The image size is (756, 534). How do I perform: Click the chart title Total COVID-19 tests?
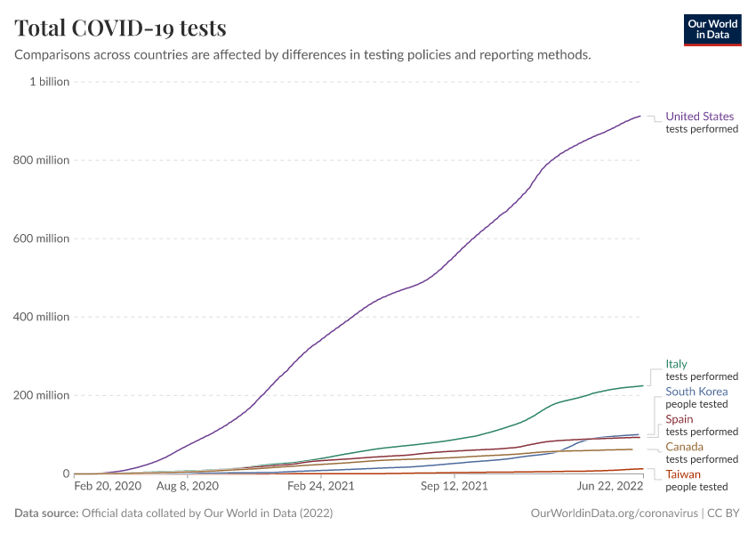click(x=121, y=28)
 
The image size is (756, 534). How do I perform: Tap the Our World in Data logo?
click(x=712, y=29)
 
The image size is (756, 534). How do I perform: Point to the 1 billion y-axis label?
click(x=49, y=82)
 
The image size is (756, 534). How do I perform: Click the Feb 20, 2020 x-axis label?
click(x=108, y=487)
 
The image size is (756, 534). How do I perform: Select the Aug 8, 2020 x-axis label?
click(x=188, y=487)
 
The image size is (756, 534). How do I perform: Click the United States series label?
click(x=700, y=117)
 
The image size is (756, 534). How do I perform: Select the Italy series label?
click(x=676, y=364)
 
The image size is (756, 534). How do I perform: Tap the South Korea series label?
click(x=696, y=392)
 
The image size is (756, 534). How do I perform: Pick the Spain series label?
click(x=680, y=419)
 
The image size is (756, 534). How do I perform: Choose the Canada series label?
click(x=684, y=447)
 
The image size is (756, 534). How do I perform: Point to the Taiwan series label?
click(x=683, y=474)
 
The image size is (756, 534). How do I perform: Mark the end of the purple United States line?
click(x=640, y=116)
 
